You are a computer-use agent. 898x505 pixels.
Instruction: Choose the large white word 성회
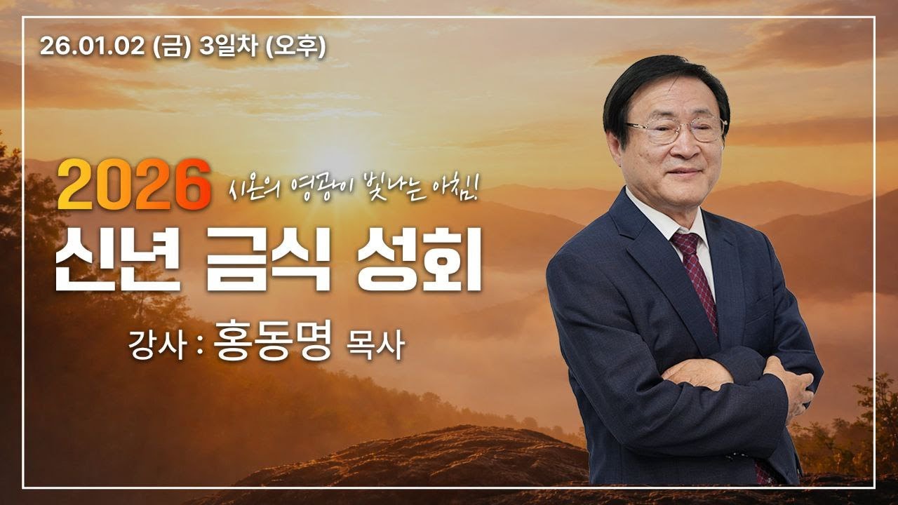(419, 265)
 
